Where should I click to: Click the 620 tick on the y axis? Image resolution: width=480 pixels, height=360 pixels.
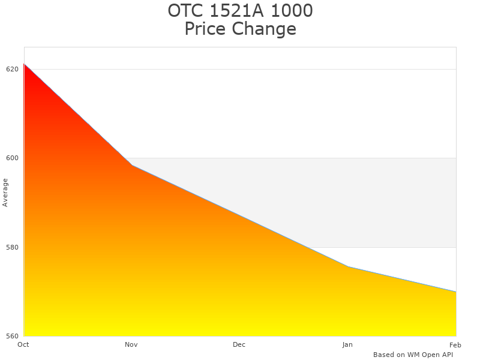tap(12, 69)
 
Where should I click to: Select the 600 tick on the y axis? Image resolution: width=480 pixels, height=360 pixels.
tap(12, 158)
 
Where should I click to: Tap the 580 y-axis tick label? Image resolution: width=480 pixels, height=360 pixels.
tap(12, 247)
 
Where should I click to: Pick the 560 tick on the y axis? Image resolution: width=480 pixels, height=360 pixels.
tap(12, 336)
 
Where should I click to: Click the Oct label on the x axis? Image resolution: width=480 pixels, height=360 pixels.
tap(23, 344)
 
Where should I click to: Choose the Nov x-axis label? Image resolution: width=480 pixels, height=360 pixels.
tap(131, 344)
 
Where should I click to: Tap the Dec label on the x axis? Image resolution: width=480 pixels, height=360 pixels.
tap(239, 344)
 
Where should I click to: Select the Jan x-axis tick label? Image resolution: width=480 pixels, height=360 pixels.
tap(347, 344)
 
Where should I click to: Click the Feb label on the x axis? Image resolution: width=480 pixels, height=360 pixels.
tap(455, 344)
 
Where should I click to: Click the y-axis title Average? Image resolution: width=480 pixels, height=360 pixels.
tap(5, 192)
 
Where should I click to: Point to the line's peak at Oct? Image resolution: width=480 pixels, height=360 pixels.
tap(24, 64)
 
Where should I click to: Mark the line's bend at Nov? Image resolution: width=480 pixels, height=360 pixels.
tap(132, 165)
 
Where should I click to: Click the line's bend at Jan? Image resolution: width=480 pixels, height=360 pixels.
tap(348, 266)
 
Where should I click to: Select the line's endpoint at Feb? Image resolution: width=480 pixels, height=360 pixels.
tap(456, 292)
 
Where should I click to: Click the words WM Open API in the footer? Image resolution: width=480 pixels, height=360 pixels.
tap(430, 355)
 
